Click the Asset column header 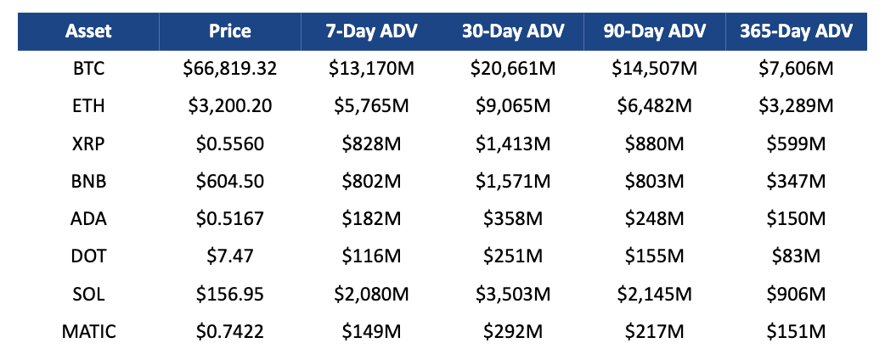pyautogui.click(x=88, y=32)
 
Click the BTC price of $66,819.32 pyautogui.click(x=229, y=70)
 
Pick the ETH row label pyautogui.click(x=88, y=107)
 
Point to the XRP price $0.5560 pyautogui.click(x=229, y=144)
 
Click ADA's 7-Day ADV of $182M pyautogui.click(x=370, y=219)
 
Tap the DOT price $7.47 pyautogui.click(x=229, y=256)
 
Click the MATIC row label pyautogui.click(x=88, y=332)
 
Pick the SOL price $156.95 pyautogui.click(x=229, y=295)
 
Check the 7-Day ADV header pyautogui.click(x=370, y=32)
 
